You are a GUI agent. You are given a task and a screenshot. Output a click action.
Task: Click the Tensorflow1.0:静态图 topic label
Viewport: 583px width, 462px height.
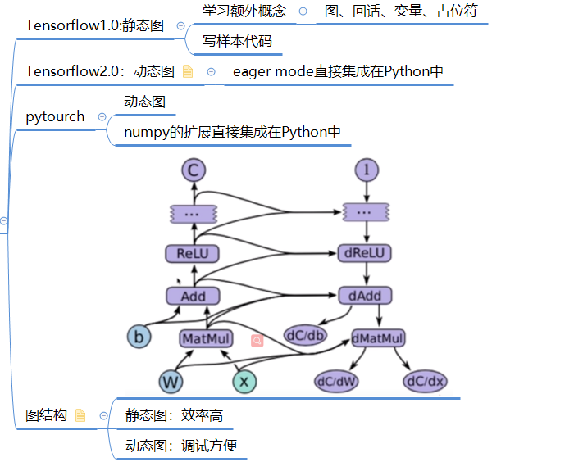[96, 25]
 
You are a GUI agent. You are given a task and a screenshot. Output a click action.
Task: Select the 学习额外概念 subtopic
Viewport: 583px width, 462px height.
[244, 11]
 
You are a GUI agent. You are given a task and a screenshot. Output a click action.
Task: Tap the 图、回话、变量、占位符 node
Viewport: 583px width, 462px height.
[402, 11]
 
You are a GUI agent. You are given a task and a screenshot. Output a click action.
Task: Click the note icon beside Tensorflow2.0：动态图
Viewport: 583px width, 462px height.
[188, 72]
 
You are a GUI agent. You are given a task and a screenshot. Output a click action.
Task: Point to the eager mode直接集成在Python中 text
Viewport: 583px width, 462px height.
[338, 71]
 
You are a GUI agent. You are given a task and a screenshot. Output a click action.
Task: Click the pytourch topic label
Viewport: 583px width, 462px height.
[55, 116]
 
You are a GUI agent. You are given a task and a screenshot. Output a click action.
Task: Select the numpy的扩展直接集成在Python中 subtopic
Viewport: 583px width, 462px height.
[232, 132]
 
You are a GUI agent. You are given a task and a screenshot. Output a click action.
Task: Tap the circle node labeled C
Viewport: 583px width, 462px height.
[194, 170]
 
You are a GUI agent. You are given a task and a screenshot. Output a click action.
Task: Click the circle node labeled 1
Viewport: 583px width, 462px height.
[366, 170]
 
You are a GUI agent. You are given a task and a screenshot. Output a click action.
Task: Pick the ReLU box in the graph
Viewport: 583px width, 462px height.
[193, 253]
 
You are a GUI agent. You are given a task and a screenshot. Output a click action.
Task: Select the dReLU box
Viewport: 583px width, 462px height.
[365, 253]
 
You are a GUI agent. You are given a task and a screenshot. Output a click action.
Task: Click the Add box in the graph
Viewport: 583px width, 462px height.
[193, 296]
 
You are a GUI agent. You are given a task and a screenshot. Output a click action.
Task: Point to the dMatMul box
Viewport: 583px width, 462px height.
[378, 338]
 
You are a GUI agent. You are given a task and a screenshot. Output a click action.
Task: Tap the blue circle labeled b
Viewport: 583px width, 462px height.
[139, 337]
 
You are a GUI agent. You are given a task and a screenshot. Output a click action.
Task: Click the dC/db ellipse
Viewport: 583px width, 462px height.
[306, 335]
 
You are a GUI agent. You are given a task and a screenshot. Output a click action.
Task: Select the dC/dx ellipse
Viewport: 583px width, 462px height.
[425, 381]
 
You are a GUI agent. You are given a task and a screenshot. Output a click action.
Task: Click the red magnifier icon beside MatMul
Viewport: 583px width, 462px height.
[257, 339]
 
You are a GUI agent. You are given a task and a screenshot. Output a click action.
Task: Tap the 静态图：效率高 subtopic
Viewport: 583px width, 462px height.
[174, 415]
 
